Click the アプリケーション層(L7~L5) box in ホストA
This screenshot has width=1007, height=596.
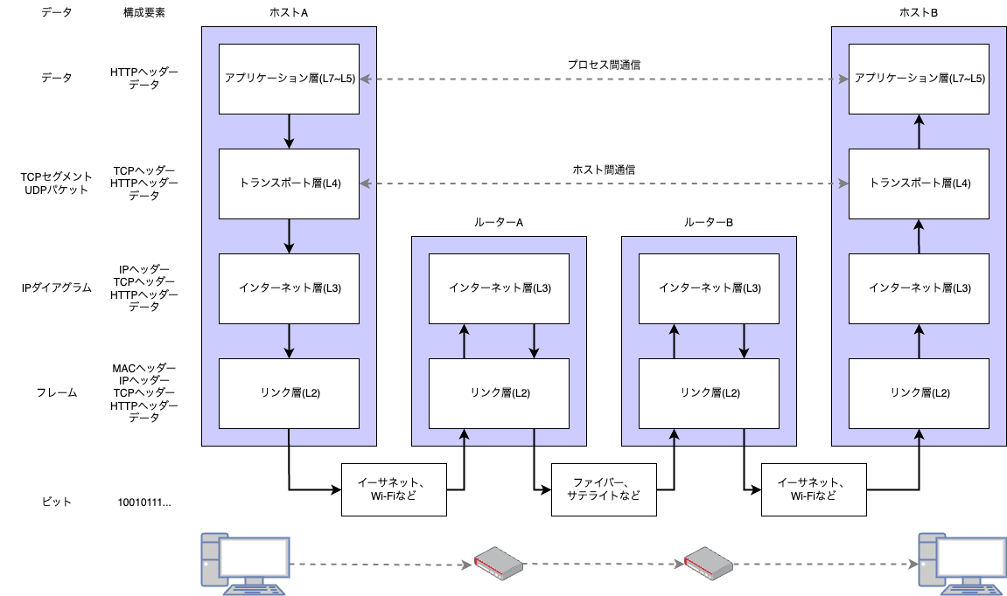tap(289, 79)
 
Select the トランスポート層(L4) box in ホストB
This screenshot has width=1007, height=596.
tap(919, 184)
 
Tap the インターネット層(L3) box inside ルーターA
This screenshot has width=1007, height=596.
tap(499, 288)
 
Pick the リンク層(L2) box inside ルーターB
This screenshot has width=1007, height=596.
tap(709, 393)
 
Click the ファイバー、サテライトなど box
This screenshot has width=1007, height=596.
tap(604, 489)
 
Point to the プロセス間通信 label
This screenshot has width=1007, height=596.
tap(604, 65)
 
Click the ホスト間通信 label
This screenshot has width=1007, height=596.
tap(604, 170)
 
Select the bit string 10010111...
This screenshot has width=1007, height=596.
tap(144, 502)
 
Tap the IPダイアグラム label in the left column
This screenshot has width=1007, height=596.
tap(57, 288)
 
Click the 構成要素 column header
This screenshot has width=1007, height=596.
tap(144, 12)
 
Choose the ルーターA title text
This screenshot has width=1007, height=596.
tap(499, 222)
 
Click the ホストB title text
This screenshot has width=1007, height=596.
tap(919, 12)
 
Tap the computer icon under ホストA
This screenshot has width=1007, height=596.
tap(243, 563)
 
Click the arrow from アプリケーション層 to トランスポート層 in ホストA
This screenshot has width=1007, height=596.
tap(289, 131)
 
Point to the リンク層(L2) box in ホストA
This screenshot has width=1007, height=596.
tap(289, 393)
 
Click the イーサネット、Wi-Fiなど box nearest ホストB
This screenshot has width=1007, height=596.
tap(814, 489)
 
